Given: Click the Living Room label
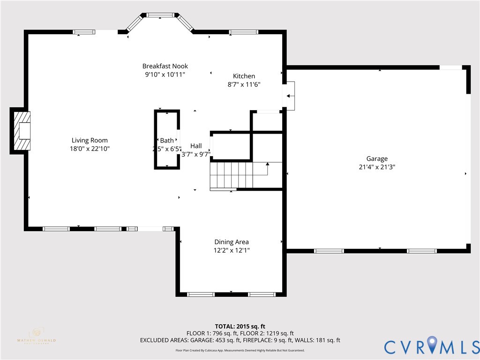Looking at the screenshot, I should [x=90, y=140].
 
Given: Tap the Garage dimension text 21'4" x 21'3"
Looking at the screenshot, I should [x=377, y=166].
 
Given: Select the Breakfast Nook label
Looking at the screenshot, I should [x=165, y=66].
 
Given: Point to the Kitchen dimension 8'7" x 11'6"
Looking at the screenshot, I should [x=244, y=84].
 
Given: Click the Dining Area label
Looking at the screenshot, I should [x=232, y=242].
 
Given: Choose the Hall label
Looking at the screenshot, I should [x=196, y=146].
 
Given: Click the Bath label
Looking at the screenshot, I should [x=166, y=140].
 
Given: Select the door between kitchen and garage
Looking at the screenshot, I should [x=289, y=96].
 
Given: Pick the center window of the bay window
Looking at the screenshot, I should [x=160, y=15].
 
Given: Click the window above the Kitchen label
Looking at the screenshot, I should [x=243, y=32].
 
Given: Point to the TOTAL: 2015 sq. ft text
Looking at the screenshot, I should [x=240, y=326].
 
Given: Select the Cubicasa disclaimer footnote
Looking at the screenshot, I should [x=240, y=350].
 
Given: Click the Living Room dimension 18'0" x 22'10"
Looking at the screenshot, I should [x=90, y=149].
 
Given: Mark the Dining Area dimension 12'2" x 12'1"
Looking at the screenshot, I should [x=232, y=250].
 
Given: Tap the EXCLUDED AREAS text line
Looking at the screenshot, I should [x=240, y=340].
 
